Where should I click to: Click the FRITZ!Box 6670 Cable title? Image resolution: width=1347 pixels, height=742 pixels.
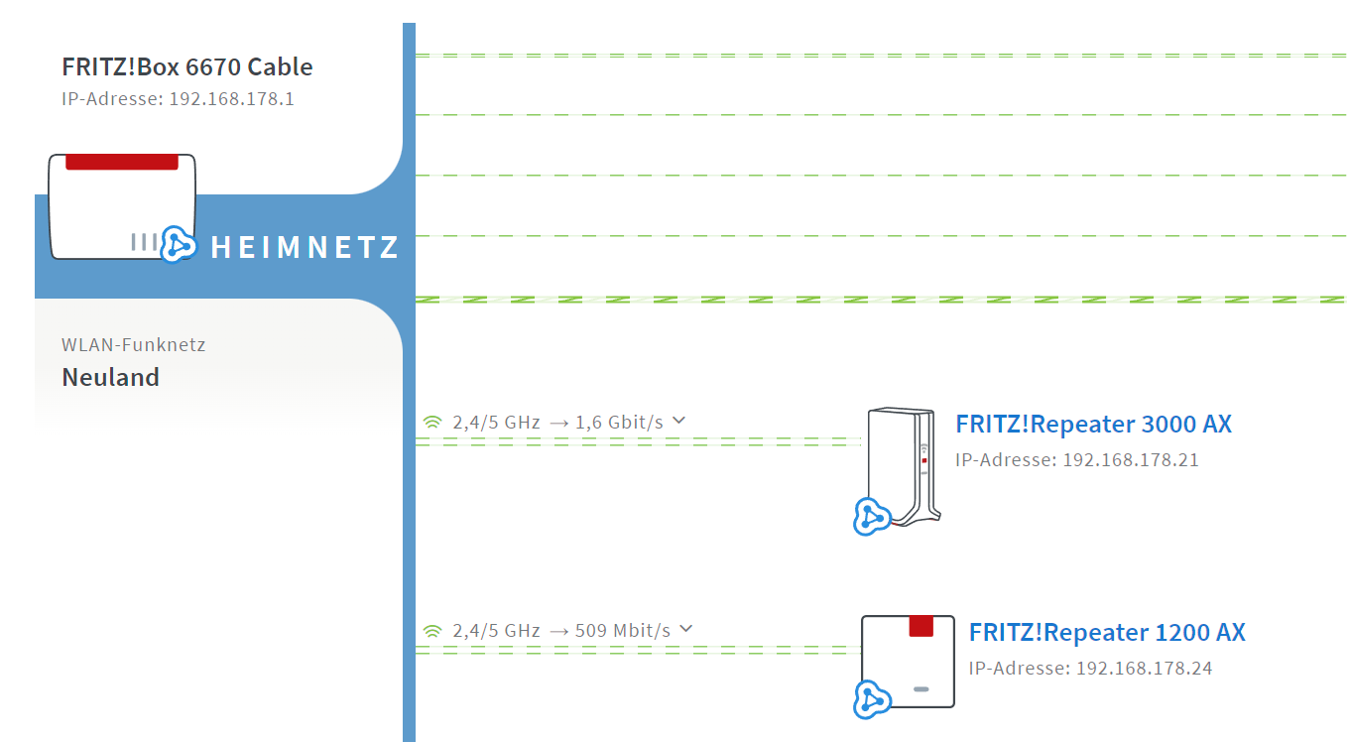(187, 66)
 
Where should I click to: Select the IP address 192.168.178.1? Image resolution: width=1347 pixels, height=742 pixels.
(231, 98)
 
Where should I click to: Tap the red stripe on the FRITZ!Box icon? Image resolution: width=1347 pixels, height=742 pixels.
(122, 162)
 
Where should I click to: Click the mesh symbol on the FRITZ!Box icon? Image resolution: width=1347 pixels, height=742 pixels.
(179, 245)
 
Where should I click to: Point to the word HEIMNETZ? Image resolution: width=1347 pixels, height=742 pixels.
(305, 247)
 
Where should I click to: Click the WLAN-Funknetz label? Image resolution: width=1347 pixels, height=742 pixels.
(134, 344)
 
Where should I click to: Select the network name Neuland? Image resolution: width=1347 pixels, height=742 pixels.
(111, 378)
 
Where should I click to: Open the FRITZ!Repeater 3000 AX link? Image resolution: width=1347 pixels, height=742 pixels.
(1093, 424)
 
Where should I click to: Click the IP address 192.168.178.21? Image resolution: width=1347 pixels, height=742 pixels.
(1131, 460)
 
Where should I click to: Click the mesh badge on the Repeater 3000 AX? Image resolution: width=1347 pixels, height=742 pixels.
(871, 517)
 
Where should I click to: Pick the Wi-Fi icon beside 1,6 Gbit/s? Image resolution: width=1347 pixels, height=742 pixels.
(432, 423)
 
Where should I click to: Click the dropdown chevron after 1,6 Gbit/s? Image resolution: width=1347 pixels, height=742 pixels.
(678, 421)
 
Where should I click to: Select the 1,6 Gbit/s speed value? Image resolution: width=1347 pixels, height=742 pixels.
(619, 423)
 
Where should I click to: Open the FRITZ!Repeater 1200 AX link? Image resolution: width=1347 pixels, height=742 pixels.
(1107, 632)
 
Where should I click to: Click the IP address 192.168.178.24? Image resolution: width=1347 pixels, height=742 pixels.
(1144, 668)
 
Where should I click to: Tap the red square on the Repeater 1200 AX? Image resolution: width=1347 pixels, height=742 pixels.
(920, 626)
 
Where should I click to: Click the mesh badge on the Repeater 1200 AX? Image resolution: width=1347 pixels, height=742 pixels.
(872, 699)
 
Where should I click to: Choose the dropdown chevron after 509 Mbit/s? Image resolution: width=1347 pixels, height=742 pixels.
(686, 629)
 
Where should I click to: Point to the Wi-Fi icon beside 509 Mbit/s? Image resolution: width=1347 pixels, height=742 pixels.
(432, 631)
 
